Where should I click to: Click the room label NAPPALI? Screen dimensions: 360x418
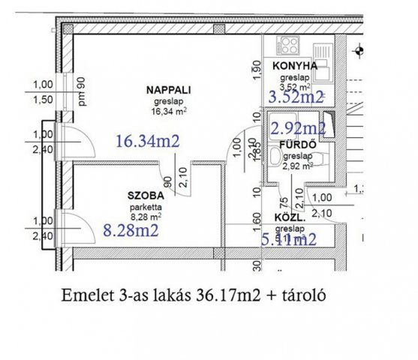(x=169, y=89)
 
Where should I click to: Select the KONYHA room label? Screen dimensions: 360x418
(x=295, y=66)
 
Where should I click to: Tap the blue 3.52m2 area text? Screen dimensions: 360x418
(x=296, y=96)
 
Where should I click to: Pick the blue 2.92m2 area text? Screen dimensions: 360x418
(x=297, y=127)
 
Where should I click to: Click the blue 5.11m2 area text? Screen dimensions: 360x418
(x=287, y=240)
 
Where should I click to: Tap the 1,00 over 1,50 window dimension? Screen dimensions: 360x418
(x=44, y=92)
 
